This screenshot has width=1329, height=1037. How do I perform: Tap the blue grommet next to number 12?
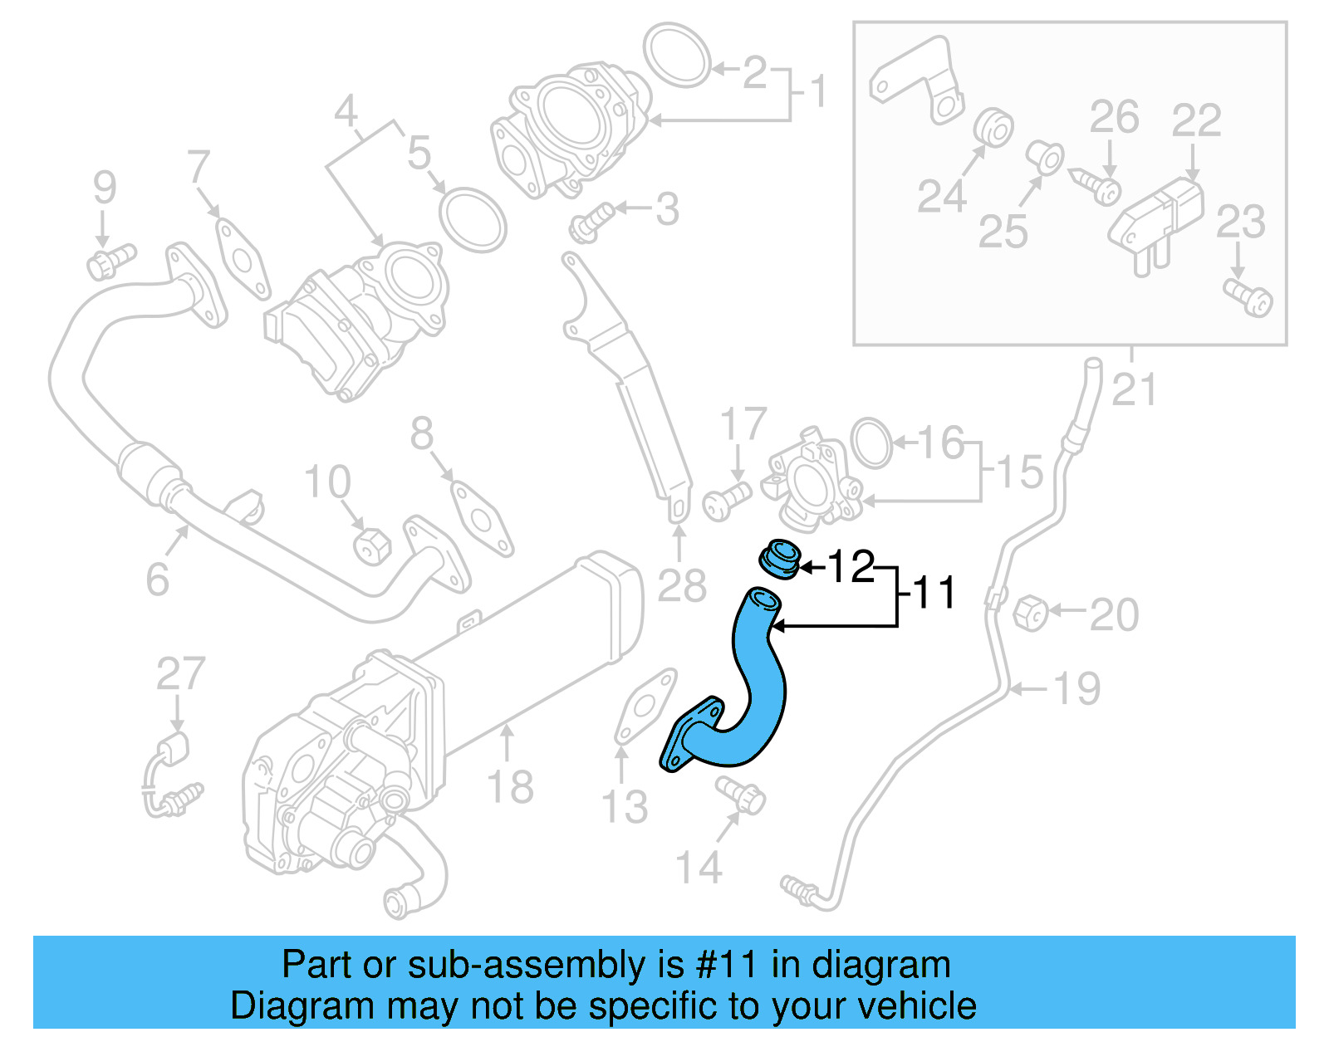[x=779, y=558]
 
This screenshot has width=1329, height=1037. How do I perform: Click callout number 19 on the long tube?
[x=1076, y=688]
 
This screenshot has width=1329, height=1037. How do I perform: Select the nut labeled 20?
[x=1031, y=613]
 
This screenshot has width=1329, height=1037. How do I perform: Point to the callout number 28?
[x=681, y=585]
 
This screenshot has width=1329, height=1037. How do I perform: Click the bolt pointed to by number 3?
[x=591, y=222]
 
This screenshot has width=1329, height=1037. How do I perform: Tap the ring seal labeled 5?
[x=473, y=220]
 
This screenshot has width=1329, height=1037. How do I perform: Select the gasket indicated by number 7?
[x=243, y=257]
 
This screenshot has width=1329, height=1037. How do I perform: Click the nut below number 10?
[x=371, y=546]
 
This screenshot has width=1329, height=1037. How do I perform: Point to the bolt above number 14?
[x=741, y=795]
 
